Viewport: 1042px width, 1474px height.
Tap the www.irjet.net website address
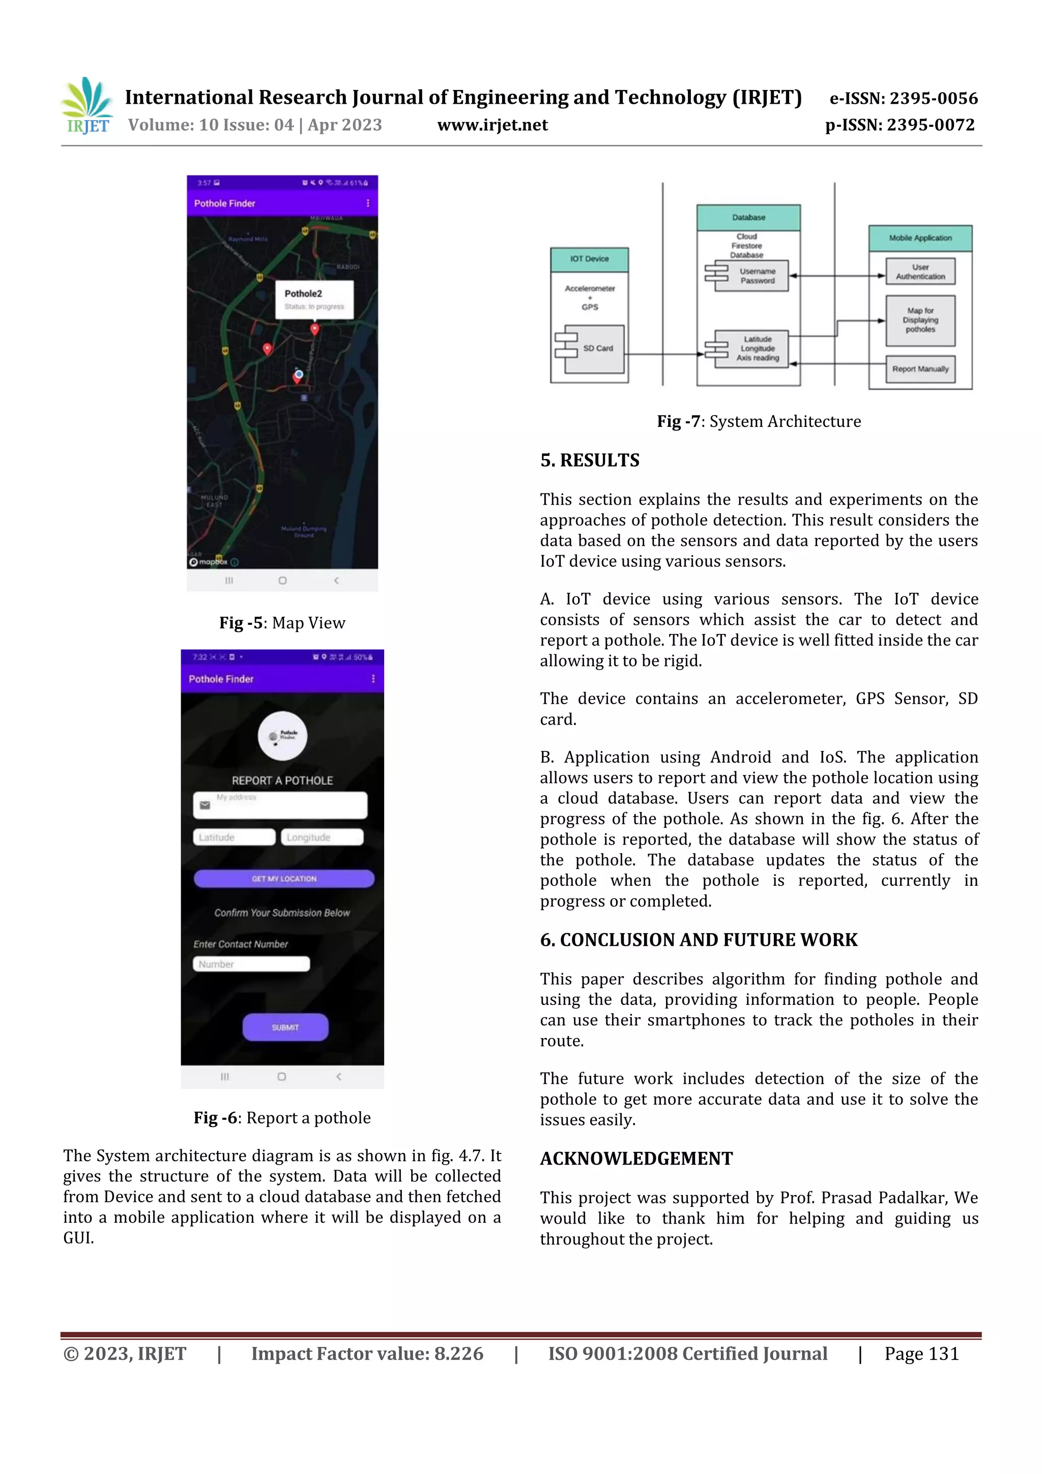(493, 125)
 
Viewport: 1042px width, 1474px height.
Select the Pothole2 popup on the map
(314, 299)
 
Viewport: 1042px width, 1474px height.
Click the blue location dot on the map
(299, 373)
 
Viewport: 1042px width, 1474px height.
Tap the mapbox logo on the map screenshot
(209, 562)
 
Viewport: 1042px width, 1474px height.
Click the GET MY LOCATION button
(284, 878)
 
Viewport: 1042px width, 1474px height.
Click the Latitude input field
(234, 837)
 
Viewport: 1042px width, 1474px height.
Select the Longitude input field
(322, 837)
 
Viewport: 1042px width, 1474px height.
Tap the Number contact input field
(251, 964)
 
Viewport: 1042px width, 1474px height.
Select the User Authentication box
(920, 272)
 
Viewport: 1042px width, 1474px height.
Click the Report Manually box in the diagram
(920, 369)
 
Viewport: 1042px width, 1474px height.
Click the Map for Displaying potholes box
(920, 320)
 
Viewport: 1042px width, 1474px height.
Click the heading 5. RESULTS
(589, 460)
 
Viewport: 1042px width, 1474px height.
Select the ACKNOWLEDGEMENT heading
(635, 1158)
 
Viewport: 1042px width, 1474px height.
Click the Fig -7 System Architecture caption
(758, 422)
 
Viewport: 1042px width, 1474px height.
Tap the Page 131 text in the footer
(921, 1353)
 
